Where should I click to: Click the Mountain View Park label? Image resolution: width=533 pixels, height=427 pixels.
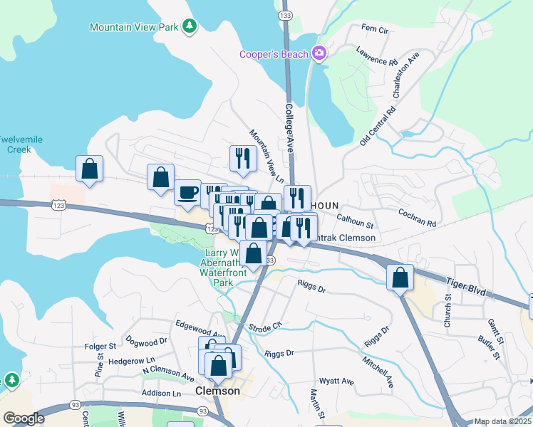tap(135, 27)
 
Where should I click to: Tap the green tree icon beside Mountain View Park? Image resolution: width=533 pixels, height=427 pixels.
tap(190, 27)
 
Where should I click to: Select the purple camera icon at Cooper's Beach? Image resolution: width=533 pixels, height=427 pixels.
tap(319, 53)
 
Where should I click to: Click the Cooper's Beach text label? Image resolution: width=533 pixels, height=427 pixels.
tap(274, 54)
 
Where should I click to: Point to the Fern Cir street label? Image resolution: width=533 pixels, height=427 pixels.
tap(375, 29)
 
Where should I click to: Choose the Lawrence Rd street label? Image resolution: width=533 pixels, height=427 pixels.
tap(378, 57)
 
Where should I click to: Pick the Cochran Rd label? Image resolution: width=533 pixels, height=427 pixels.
tap(417, 217)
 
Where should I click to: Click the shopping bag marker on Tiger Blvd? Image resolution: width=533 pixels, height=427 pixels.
tap(400, 278)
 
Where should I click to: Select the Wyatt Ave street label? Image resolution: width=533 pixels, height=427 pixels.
tap(336, 381)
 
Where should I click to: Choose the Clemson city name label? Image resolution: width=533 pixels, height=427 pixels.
tap(217, 391)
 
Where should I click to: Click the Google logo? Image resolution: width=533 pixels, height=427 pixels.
tap(24, 418)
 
